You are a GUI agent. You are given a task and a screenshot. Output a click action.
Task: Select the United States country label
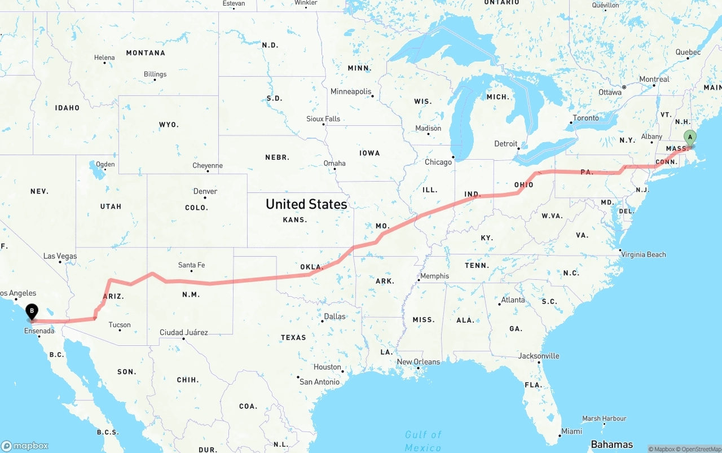pyautogui.click(x=306, y=204)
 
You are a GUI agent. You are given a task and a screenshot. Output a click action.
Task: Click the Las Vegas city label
pyautogui.click(x=60, y=256)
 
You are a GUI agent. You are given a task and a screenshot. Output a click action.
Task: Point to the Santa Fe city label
pyautogui.click(x=191, y=265)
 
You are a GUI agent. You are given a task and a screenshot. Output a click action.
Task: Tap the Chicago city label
pyautogui.click(x=438, y=162)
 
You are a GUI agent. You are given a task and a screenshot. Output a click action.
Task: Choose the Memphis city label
pyautogui.click(x=434, y=276)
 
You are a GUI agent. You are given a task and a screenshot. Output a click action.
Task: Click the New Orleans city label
pyautogui.click(x=418, y=362)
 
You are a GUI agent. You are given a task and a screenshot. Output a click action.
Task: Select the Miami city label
pyautogui.click(x=571, y=432)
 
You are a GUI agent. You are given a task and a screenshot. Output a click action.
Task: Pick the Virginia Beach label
pyautogui.click(x=644, y=254)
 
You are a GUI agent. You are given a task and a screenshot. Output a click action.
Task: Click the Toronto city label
pyautogui.click(x=585, y=118)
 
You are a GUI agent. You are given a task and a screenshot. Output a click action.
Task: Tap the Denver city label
pyautogui.click(x=205, y=191)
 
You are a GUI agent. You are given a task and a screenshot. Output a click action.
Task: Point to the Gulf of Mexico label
pyautogui.click(x=423, y=441)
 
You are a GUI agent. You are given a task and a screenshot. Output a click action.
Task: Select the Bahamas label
pyautogui.click(x=611, y=445)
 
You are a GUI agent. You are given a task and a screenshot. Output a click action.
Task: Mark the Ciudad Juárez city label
pyautogui.click(x=183, y=332)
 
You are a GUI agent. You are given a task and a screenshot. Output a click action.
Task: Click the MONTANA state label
pyautogui.click(x=146, y=53)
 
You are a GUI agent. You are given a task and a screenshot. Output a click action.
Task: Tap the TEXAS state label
pyautogui.click(x=293, y=337)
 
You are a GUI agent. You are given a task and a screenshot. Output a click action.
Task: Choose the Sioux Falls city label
pyautogui.click(x=323, y=119)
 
